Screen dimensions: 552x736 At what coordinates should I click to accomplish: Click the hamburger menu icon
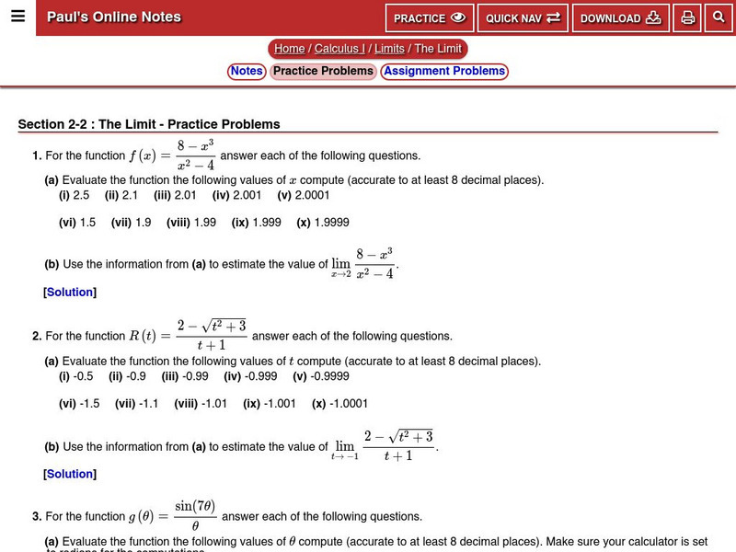coord(17,17)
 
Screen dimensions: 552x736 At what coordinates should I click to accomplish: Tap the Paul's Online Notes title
coord(114,17)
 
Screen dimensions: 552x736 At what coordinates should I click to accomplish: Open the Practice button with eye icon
coord(430,17)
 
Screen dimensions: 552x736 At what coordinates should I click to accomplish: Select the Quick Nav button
coord(523,17)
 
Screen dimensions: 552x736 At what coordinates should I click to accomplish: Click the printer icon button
coord(687,17)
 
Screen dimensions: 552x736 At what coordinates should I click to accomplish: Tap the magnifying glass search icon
coord(719,17)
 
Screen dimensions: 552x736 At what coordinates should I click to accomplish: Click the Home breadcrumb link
coord(289,49)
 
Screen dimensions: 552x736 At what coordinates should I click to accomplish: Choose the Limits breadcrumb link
coord(389,49)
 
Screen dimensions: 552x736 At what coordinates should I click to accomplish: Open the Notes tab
coord(247,71)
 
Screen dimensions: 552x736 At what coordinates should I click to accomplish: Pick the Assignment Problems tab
coord(444,71)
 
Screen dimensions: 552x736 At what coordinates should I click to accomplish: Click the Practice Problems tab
coord(323,71)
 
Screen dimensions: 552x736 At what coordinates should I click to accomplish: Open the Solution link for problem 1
coord(70,293)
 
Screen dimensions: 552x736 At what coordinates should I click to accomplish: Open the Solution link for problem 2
coord(70,475)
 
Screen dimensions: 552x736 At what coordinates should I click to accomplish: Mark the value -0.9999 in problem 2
coord(321,376)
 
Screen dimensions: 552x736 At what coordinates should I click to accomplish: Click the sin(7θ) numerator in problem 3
coord(195,507)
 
